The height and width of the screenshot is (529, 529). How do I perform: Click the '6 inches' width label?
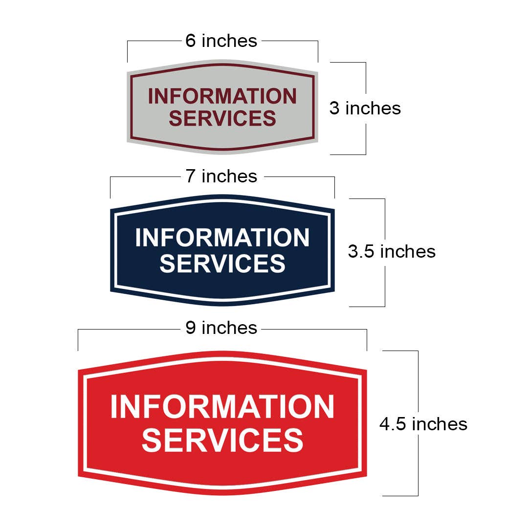(221, 41)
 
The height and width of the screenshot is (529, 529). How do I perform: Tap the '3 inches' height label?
(365, 109)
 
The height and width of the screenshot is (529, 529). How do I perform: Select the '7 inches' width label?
(221, 176)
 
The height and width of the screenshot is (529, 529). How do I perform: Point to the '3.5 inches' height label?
(392, 252)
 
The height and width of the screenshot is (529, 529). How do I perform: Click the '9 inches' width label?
(221, 328)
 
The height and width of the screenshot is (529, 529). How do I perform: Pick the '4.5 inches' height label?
(423, 424)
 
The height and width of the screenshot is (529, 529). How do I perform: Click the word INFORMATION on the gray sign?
(222, 96)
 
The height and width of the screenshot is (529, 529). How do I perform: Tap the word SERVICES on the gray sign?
(222, 118)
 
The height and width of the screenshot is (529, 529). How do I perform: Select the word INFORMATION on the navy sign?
(222, 238)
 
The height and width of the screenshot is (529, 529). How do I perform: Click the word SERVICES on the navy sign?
(222, 264)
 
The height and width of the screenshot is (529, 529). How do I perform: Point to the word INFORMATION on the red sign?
(222, 407)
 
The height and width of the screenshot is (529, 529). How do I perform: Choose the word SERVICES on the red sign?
(222, 440)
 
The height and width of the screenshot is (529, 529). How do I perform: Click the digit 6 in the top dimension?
(191, 41)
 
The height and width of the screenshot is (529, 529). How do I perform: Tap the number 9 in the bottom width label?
(191, 328)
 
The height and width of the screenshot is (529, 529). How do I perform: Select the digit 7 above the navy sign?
(191, 176)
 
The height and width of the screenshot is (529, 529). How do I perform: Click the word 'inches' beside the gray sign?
(374, 109)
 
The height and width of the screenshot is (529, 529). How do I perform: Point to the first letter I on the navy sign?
(138, 238)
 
